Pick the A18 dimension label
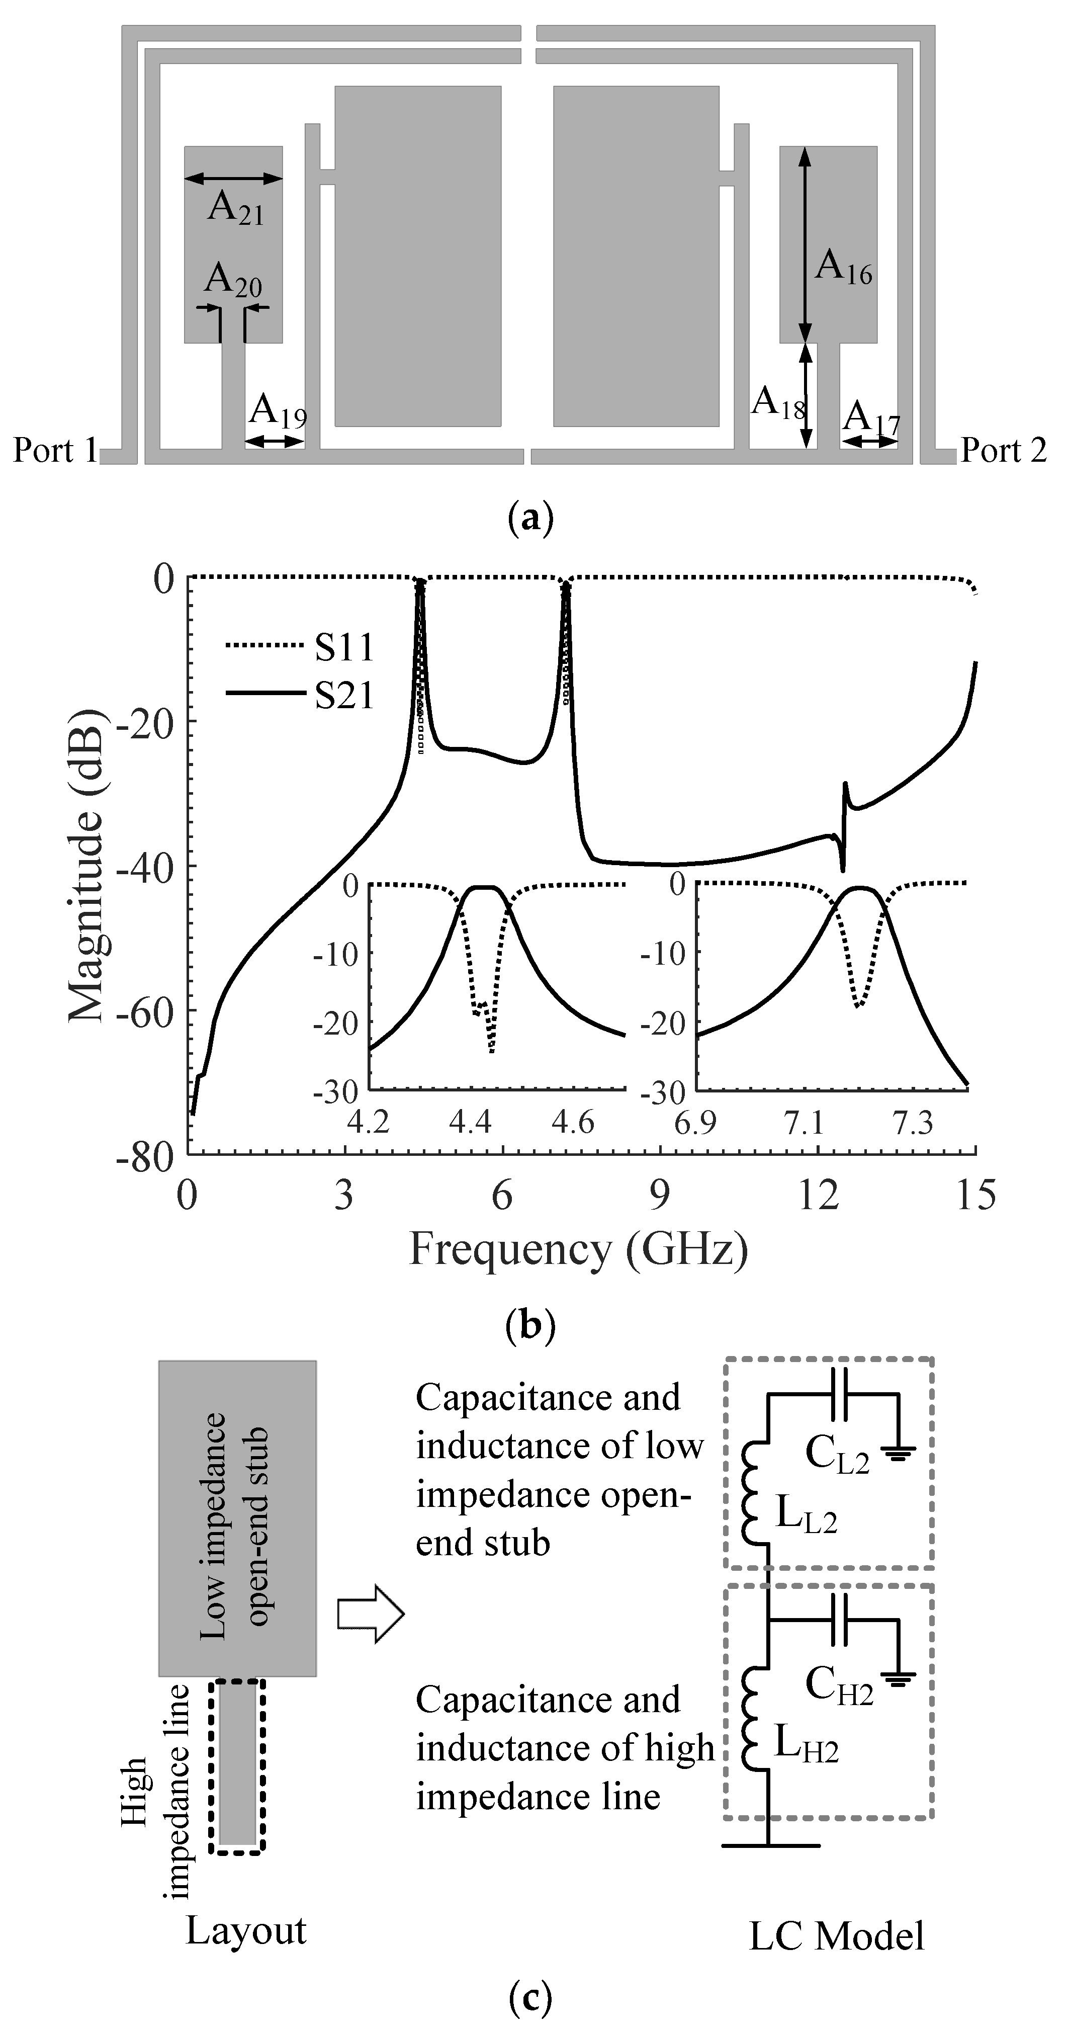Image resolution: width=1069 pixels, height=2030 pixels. (x=777, y=403)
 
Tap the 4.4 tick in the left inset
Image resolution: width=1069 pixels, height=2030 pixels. (x=470, y=1122)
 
